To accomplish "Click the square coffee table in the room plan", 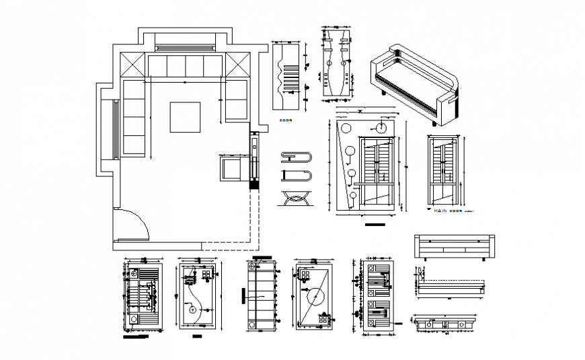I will tap(186, 116).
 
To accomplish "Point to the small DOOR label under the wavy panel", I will tap(285, 121).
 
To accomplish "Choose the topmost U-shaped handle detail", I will tap(295, 157).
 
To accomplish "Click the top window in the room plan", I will tap(184, 47).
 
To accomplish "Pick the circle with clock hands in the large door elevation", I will tap(381, 127).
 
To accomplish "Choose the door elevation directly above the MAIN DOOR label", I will tap(443, 172).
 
